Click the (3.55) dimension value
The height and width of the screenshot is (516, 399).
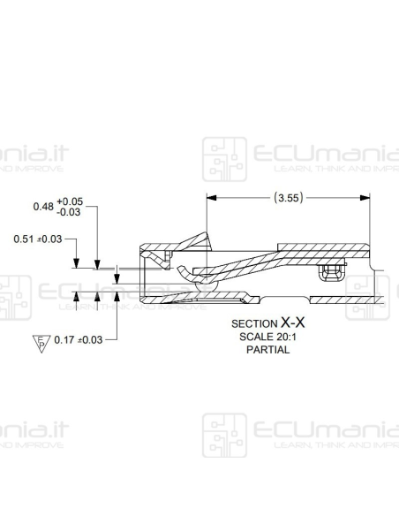tap(288, 198)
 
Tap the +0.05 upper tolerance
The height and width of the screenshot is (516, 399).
tap(69, 201)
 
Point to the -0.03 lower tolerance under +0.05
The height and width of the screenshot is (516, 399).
tap(69, 212)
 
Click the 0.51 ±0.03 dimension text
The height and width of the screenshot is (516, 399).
tap(39, 239)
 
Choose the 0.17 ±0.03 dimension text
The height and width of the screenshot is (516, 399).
tap(79, 339)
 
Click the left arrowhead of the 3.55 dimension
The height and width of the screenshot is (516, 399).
tap(211, 198)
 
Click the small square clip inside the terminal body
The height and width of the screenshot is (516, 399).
tap(332, 270)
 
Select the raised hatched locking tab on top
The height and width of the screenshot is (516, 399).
tap(195, 241)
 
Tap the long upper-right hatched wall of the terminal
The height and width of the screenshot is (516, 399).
tap(321, 247)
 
